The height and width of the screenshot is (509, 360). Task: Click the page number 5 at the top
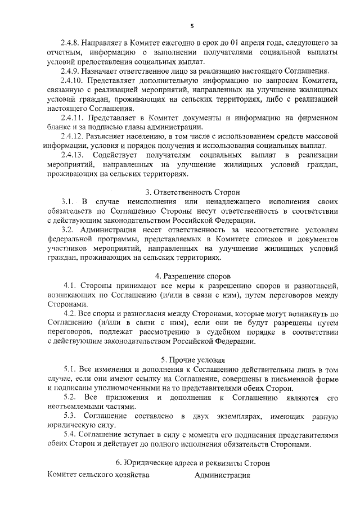[x=192, y=26]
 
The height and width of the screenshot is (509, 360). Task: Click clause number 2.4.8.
[x=71, y=42]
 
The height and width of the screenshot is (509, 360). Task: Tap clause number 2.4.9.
[x=71, y=72]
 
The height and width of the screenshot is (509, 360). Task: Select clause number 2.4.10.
[x=73, y=82]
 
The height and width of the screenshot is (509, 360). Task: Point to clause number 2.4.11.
[x=73, y=118]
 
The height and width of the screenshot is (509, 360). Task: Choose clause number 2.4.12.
[x=73, y=137]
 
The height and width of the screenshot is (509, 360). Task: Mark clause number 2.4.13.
[x=73, y=155]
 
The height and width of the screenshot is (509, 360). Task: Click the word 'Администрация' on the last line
[x=222, y=475]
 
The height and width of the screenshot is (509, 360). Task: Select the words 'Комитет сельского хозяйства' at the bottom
[x=98, y=475]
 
